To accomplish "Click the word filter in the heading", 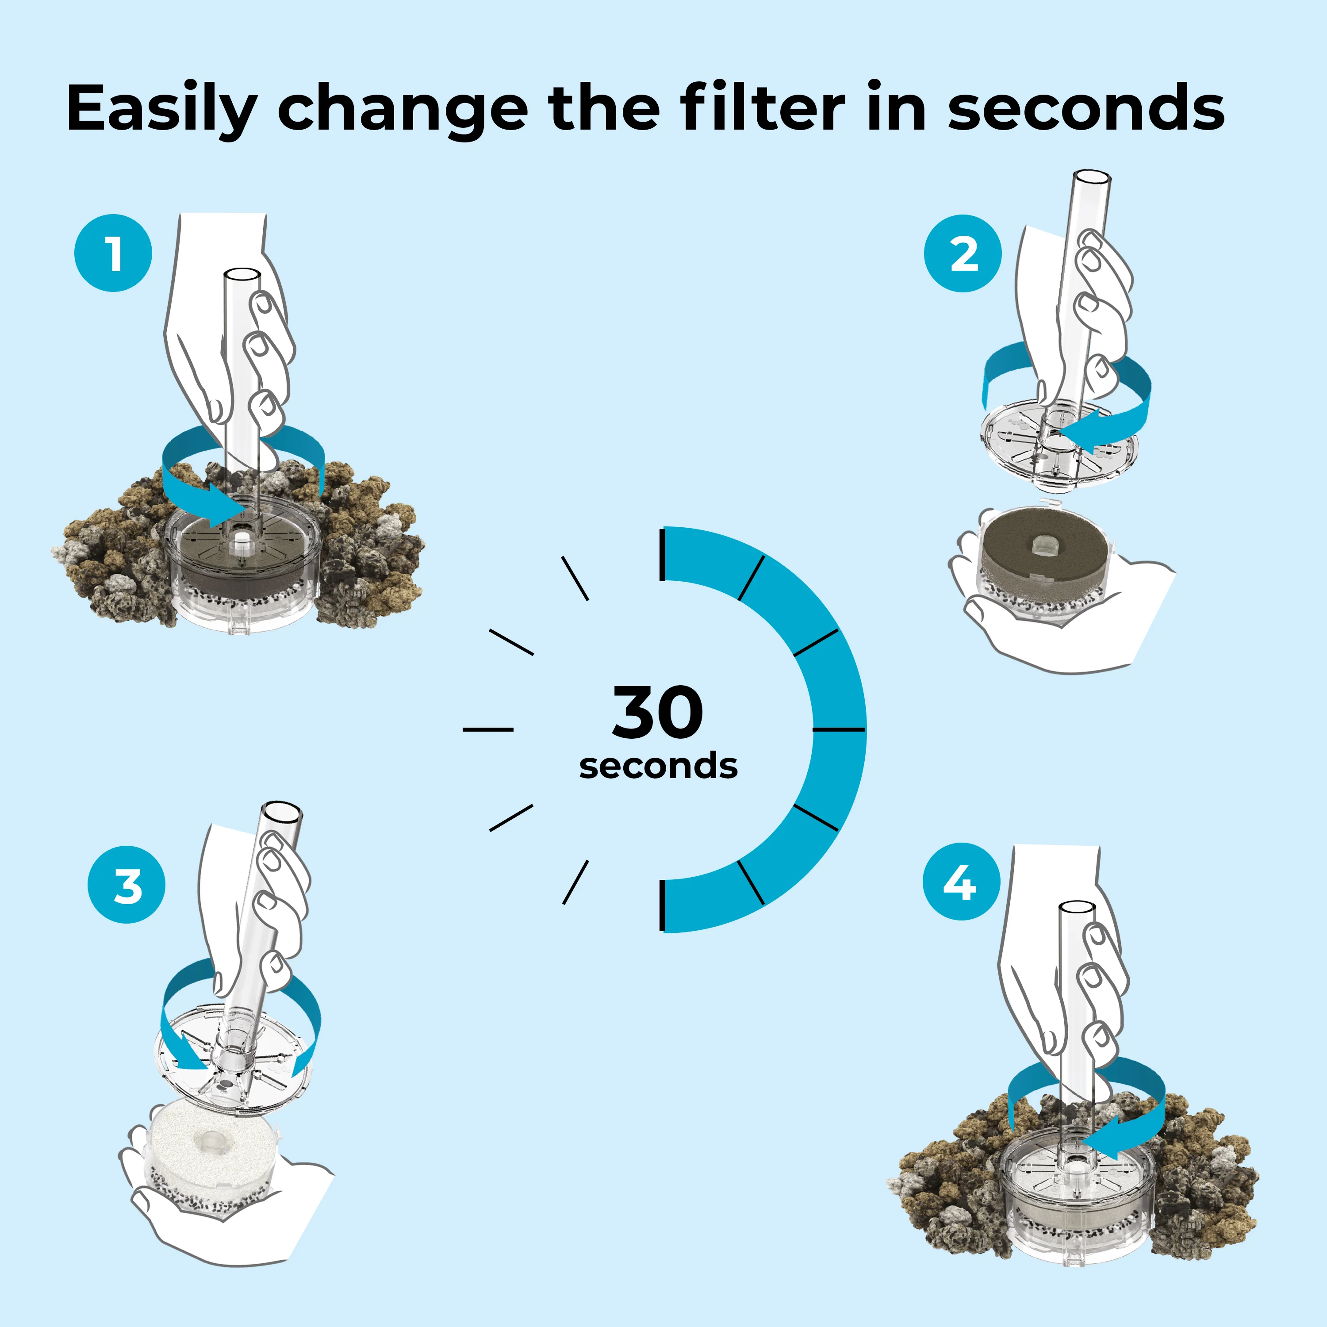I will pyautogui.click(x=763, y=108).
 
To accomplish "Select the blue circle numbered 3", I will pyautogui.click(x=127, y=885).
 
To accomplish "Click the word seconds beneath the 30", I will pyautogui.click(x=658, y=766).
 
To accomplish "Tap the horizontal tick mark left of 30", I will pyautogui.click(x=487, y=729).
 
